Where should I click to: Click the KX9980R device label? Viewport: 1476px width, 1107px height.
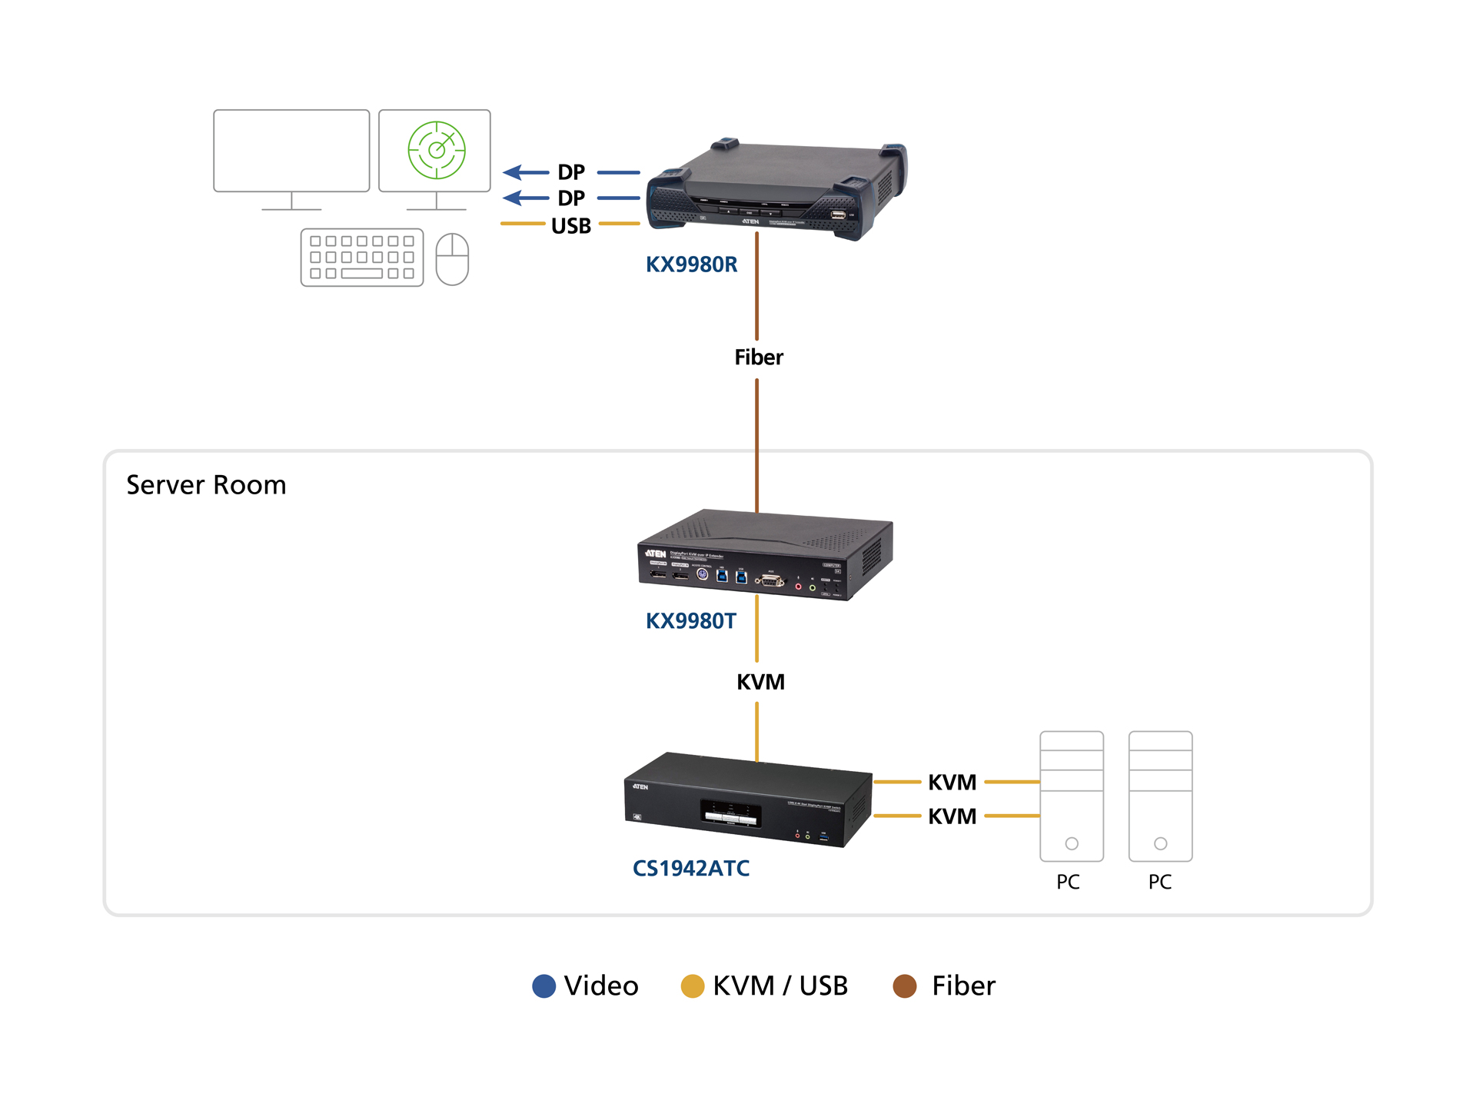pos(691,264)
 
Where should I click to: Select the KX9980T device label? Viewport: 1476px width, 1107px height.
pos(690,621)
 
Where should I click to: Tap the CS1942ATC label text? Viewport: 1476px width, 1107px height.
pos(690,869)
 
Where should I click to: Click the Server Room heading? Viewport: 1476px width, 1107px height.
pos(206,485)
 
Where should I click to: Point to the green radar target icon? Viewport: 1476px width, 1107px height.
pos(437,150)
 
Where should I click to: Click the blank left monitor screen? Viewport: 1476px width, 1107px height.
pos(291,151)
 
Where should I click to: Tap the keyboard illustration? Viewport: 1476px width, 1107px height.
pos(362,258)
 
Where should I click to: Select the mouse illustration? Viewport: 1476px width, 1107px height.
pos(452,259)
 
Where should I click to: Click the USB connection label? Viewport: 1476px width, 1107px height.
pos(571,226)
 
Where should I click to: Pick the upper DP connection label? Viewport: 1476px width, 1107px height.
pos(571,172)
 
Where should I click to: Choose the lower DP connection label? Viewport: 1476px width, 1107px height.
pos(571,198)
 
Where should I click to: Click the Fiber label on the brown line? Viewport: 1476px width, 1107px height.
pos(759,357)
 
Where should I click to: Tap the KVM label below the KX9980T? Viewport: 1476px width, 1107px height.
pos(760,682)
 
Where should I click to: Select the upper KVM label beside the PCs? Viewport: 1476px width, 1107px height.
pos(952,783)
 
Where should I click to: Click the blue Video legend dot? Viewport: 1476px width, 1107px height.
pos(544,986)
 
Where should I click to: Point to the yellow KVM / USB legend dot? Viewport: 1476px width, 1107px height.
pos(693,986)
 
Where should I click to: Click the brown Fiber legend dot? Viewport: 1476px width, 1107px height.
pos(905,986)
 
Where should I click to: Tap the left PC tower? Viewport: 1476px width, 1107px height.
pos(1071,796)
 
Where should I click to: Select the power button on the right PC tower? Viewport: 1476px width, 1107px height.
pos(1161,843)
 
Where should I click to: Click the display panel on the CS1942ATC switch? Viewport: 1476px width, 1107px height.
pos(731,813)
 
